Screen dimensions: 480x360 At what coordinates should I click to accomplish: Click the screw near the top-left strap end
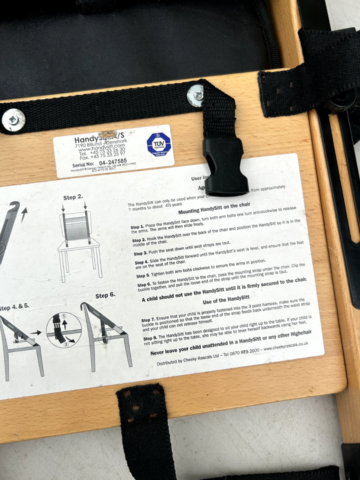click(x=13, y=119)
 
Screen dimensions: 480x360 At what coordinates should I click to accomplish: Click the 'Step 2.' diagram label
click(x=72, y=197)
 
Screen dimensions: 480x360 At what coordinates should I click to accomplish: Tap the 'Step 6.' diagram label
click(x=105, y=295)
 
